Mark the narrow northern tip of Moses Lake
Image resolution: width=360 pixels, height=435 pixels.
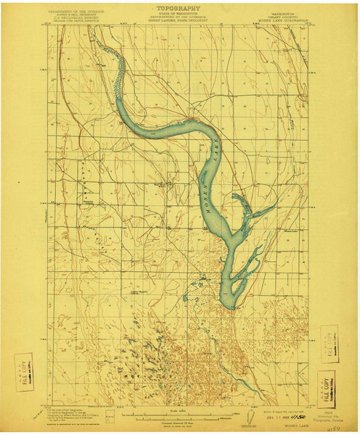click(x=100, y=49)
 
